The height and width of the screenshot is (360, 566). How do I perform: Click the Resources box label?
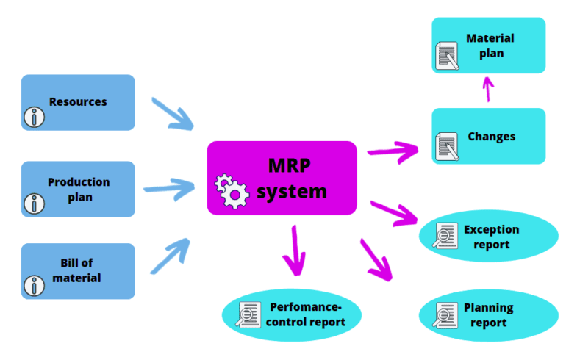(78, 102)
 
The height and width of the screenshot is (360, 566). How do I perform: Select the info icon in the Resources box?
(34, 116)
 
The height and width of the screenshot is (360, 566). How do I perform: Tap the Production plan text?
(79, 189)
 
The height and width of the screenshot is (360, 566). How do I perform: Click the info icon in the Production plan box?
(34, 203)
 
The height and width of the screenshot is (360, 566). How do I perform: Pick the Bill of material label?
(77, 270)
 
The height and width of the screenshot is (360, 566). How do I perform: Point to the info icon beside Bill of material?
(34, 285)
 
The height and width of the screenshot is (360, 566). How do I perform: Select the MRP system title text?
(291, 178)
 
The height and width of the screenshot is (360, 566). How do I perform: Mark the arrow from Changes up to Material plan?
(487, 90)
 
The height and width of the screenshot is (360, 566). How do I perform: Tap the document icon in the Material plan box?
(447, 54)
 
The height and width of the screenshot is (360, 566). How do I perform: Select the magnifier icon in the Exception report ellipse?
(444, 237)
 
